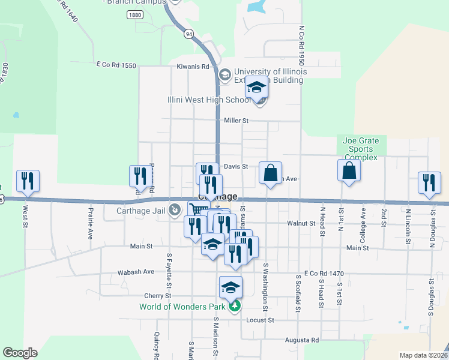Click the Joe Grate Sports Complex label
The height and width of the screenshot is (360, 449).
click(x=361, y=149)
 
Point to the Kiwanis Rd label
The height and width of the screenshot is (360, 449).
click(x=193, y=67)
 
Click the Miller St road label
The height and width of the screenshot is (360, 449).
click(x=236, y=121)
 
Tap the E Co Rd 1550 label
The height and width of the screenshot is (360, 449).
click(x=116, y=64)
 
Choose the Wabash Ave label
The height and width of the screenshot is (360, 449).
click(x=140, y=271)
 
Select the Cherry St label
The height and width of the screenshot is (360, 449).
click(x=158, y=296)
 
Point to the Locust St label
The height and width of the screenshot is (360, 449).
click(x=259, y=320)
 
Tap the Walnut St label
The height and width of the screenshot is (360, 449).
click(x=301, y=223)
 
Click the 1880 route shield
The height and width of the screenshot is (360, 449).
click(x=135, y=15)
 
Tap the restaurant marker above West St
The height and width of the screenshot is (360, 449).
click(x=28, y=181)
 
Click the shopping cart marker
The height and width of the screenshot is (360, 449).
click(x=197, y=209)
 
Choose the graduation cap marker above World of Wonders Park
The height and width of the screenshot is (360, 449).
click(x=231, y=287)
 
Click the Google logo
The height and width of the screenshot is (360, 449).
click(x=20, y=353)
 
